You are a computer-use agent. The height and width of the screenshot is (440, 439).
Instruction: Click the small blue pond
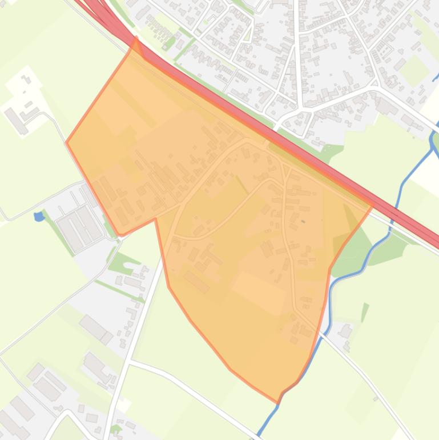coord(39,217)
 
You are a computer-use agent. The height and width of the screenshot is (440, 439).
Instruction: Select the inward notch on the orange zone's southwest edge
coord(155,218)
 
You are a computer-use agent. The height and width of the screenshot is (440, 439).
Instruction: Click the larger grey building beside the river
coord(345,331)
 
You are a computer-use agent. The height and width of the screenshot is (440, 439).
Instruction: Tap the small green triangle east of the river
coord(364,311)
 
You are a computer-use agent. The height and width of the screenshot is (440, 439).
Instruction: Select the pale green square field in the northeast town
coord(414,69)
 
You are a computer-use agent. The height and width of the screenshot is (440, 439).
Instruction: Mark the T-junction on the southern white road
coord(132,361)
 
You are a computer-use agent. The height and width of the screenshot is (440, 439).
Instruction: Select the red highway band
coord(285,126)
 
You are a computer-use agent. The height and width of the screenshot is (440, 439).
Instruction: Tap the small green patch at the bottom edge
coord(115,428)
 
